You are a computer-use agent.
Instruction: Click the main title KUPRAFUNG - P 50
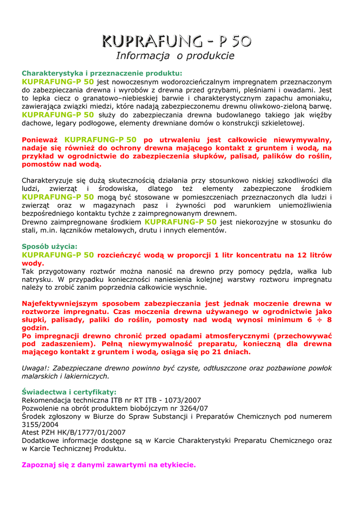tap(176, 40)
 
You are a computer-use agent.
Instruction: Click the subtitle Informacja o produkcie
tap(175, 56)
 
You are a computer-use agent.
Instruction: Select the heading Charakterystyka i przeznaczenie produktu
tap(102, 73)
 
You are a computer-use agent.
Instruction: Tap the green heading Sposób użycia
tap(50, 246)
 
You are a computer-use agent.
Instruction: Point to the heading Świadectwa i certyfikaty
tap(69, 391)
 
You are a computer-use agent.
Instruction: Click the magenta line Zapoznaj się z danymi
tap(109, 465)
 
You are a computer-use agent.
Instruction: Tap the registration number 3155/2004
tap(40, 425)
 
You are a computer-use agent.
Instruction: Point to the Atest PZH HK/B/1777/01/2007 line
tap(73, 433)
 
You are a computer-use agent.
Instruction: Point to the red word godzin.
tap(36, 328)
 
